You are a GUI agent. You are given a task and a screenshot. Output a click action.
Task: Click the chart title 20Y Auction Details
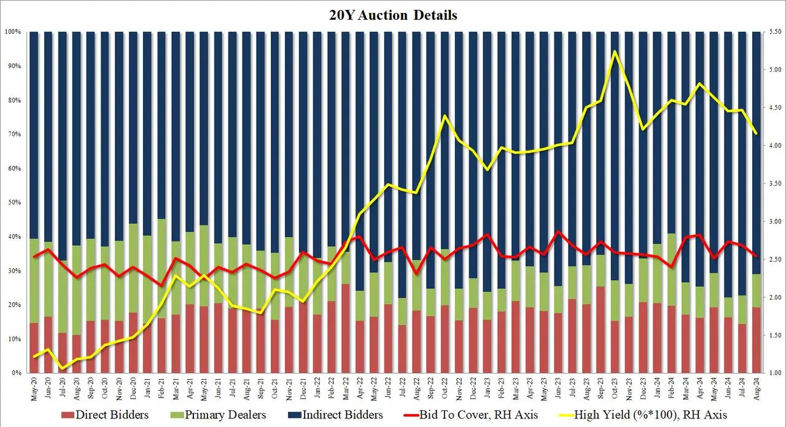click(393, 15)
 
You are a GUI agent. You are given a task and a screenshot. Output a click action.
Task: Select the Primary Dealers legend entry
click(231, 415)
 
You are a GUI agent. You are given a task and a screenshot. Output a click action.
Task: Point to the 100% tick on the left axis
click(14, 32)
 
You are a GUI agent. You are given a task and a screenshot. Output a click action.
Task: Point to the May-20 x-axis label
click(34, 387)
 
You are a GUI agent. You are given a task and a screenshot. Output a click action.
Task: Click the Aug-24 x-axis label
click(757, 387)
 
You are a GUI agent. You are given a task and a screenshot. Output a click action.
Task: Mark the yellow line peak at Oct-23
click(615, 52)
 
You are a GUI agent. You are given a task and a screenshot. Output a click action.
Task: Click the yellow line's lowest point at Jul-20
click(63, 369)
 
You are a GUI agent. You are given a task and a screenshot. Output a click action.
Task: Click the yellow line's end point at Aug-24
click(757, 133)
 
